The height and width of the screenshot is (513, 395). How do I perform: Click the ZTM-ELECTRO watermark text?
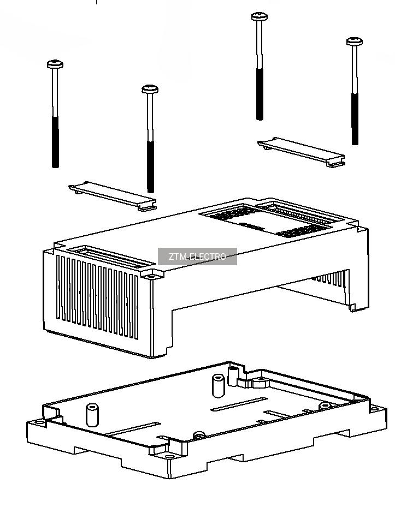197,256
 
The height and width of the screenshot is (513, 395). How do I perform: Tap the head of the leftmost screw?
55,64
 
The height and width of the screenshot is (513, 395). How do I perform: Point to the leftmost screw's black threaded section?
55,142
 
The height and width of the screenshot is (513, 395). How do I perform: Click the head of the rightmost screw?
355,41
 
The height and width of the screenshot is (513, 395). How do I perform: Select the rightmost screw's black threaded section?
355,119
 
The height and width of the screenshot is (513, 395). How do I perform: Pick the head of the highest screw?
260,16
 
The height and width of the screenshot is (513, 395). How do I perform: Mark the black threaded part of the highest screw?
260,94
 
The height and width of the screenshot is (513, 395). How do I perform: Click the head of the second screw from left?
150,89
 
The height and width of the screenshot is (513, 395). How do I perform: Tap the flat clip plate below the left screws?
113,196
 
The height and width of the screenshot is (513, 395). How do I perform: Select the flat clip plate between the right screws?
301,152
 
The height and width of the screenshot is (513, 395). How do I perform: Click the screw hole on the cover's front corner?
151,276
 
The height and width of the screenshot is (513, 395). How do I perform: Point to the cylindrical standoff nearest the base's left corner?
92,415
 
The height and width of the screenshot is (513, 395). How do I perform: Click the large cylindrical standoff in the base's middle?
219,386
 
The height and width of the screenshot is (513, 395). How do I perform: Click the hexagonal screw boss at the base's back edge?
261,382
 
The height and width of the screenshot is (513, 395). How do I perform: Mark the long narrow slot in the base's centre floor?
239,404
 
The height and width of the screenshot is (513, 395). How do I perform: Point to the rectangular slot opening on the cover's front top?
111,258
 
